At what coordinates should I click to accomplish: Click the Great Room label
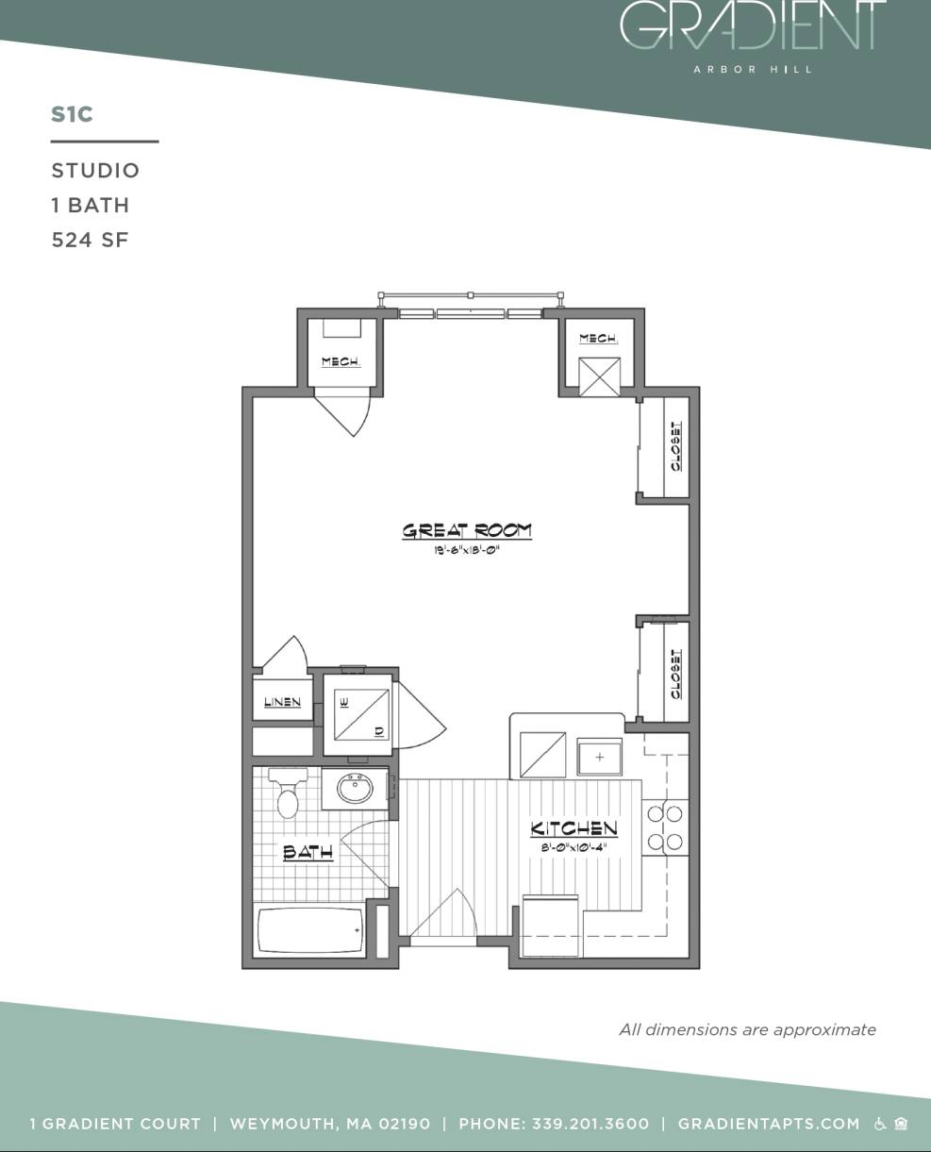[467, 531]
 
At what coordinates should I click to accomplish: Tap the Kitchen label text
[574, 829]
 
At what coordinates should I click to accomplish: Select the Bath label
[308, 853]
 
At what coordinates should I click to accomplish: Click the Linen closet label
[282, 702]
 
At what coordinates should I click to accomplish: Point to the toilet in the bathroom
[288, 795]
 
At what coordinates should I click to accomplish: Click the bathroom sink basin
[356, 789]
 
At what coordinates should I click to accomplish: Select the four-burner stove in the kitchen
[665, 828]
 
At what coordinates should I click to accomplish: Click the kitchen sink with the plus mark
[600, 758]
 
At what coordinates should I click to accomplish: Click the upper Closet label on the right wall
[676, 446]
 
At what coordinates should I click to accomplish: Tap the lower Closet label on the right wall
[676, 674]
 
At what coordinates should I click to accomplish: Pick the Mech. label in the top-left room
[340, 362]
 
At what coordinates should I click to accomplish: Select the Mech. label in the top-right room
[598, 338]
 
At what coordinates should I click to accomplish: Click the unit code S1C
[72, 114]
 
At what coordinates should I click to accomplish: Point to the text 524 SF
[90, 240]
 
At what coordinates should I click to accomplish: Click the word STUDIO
[95, 171]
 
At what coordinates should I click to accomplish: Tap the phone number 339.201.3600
[590, 1124]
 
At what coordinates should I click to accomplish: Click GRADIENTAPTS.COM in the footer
[769, 1124]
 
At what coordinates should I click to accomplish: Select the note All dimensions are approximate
[747, 1029]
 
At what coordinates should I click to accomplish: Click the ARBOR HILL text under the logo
[753, 69]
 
